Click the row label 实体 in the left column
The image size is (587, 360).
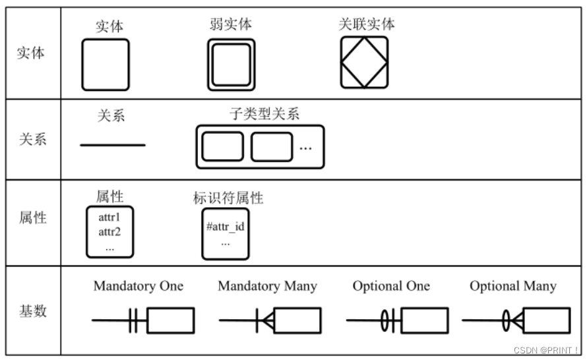point(31,53)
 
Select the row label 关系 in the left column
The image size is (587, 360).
point(31,139)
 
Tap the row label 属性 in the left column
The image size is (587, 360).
point(31,217)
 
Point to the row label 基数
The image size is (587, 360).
point(31,311)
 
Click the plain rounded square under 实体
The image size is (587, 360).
point(106,65)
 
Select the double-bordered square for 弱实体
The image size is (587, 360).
point(231,64)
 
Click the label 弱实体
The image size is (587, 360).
point(230,25)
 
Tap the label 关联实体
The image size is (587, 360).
point(366,25)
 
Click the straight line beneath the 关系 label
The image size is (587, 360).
point(112,144)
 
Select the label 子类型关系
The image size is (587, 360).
point(264,113)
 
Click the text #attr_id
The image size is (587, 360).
point(226,226)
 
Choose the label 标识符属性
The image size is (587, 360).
point(228,198)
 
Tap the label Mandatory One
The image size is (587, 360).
point(139,286)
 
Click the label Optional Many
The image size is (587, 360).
point(512,286)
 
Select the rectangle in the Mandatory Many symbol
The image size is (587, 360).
point(297,320)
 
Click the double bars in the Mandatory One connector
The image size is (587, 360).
point(133,321)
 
